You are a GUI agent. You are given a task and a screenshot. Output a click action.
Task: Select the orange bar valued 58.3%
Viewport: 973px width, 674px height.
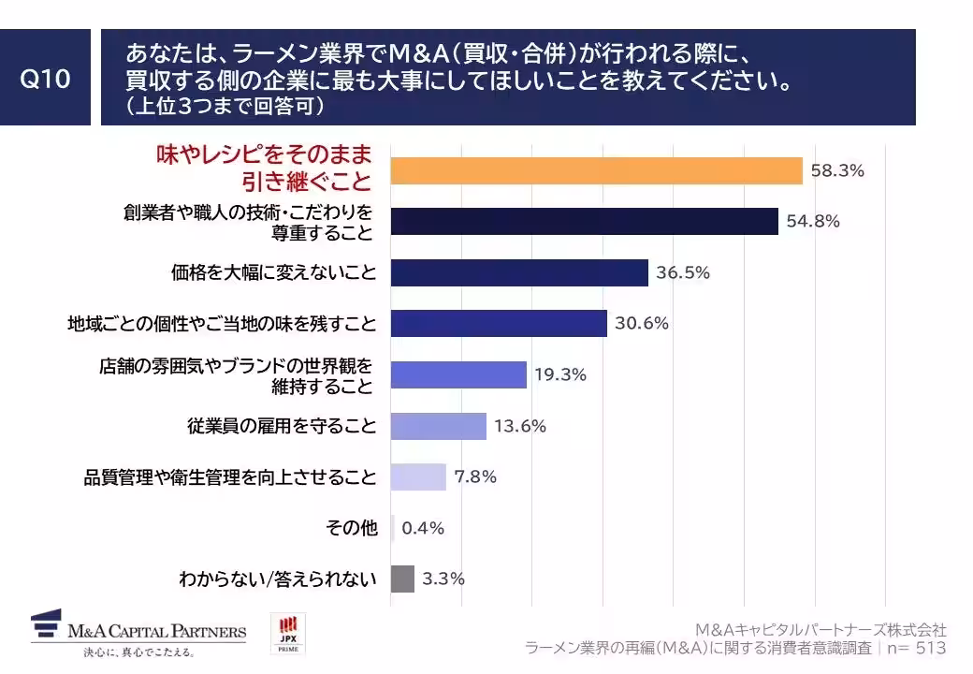596,171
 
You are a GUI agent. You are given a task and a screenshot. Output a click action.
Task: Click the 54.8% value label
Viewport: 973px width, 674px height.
813,222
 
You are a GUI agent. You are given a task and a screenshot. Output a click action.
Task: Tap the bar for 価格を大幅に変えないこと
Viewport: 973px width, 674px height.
519,272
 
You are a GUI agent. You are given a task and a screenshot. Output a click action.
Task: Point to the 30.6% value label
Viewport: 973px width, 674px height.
642,324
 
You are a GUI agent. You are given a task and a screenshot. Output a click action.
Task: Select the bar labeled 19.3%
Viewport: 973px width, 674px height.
458,374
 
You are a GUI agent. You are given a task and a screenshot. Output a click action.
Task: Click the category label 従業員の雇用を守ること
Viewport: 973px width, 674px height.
282,427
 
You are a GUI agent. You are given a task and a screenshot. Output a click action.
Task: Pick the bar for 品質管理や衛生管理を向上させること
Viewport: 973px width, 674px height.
418,476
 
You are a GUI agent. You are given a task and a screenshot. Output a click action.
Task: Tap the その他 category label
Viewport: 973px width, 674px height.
352,528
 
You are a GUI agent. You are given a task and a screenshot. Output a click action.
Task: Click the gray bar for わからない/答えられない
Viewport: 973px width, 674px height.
402,579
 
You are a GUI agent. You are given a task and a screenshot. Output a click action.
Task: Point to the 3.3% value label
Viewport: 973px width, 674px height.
443,579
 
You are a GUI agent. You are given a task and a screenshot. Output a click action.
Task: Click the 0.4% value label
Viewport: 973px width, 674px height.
423,528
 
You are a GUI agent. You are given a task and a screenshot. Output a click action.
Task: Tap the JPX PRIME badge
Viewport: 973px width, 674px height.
287,634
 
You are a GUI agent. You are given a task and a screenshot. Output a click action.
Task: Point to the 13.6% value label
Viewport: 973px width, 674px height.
520,426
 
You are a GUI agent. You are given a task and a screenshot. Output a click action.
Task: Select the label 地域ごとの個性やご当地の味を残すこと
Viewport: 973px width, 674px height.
222,324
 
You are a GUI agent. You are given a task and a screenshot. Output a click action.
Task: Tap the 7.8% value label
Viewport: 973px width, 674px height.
475,476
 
